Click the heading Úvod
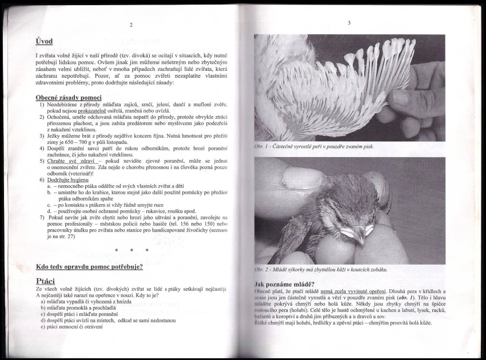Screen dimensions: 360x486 45,41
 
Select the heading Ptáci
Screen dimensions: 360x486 45,281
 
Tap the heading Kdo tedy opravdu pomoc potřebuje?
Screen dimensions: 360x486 89,266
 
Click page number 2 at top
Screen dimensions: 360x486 131,25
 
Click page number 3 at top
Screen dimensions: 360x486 349,22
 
